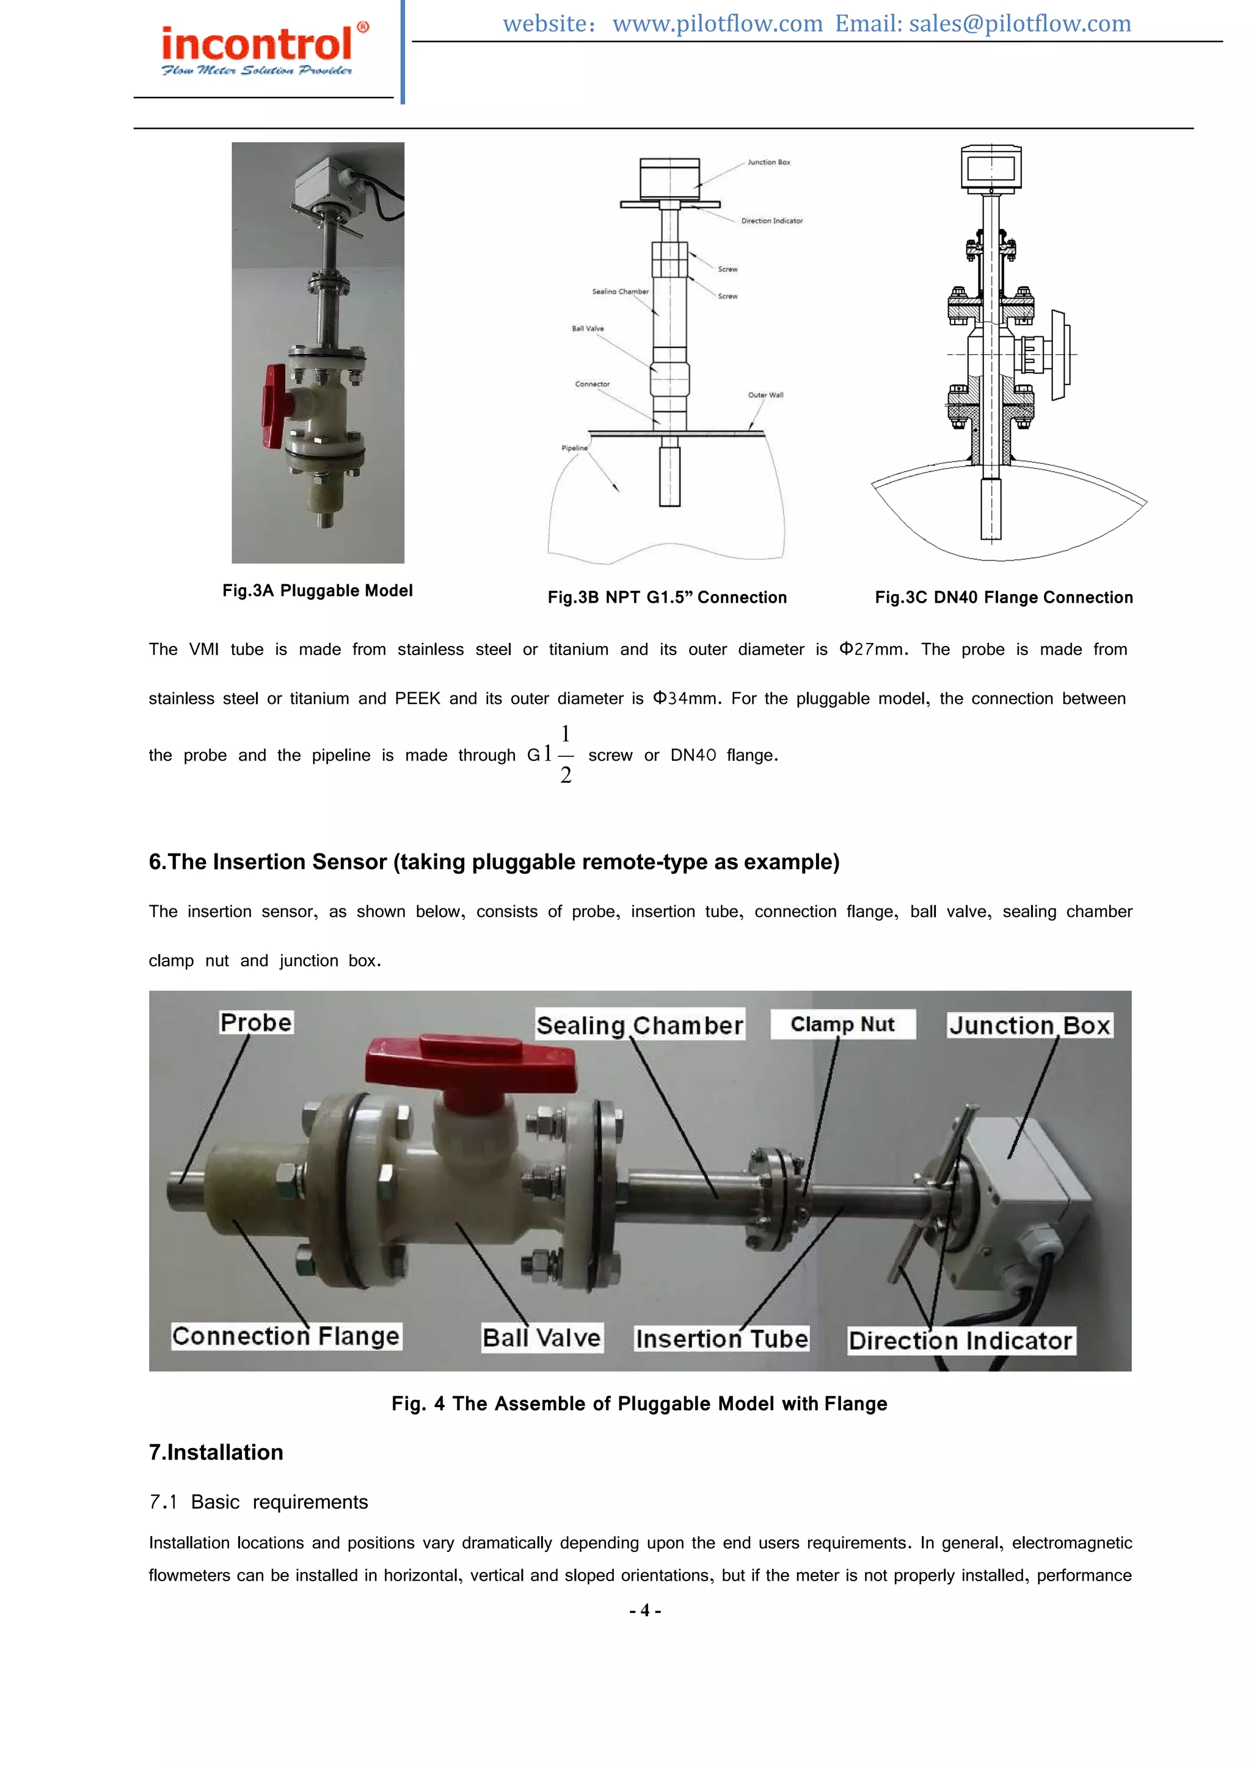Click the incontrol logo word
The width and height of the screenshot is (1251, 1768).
tap(257, 44)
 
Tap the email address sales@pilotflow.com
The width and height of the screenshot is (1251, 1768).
tap(1020, 24)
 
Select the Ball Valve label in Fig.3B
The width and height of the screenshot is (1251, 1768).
tap(587, 329)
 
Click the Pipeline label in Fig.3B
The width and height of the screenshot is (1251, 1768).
tap(574, 448)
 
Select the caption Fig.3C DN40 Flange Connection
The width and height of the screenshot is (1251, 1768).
tap(1003, 598)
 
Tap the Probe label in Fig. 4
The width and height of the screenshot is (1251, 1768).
tap(256, 1023)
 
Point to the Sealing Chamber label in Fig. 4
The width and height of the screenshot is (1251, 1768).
tap(640, 1026)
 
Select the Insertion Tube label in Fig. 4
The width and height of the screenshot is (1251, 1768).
tap(721, 1339)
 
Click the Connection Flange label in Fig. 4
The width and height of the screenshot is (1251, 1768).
tap(286, 1336)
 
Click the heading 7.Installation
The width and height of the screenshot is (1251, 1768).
tap(216, 1452)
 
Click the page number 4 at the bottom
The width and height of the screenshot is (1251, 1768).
tap(645, 1610)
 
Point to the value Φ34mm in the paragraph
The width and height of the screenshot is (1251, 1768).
tap(684, 698)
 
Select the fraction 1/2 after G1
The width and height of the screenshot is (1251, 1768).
tap(566, 755)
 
